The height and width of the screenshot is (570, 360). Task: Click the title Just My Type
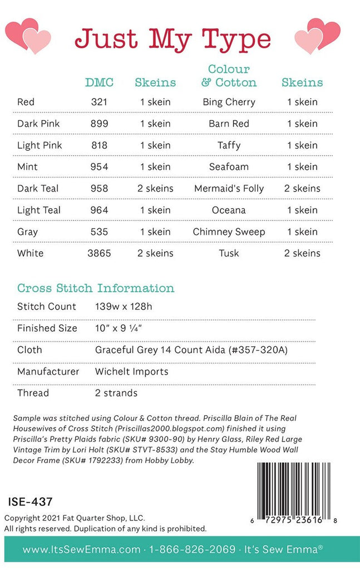tap(172, 39)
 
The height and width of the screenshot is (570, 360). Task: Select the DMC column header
tap(99, 82)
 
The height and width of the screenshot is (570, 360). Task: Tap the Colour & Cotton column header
tap(229, 76)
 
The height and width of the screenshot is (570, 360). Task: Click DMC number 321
tap(99, 102)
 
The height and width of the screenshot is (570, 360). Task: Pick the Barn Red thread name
tap(229, 124)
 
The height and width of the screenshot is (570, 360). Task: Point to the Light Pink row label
tap(40, 145)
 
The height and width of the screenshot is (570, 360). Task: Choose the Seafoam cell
tap(229, 166)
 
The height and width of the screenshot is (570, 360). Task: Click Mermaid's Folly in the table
tap(229, 188)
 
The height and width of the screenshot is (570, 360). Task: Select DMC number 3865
tap(99, 253)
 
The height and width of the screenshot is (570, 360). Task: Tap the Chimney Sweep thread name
tap(229, 232)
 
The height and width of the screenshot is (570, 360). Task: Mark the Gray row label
tap(28, 232)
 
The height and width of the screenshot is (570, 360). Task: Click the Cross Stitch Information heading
tap(96, 288)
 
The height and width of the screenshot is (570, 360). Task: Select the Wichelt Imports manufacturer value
tap(131, 371)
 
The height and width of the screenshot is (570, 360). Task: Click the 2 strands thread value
tap(116, 393)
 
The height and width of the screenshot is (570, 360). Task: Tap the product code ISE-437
tap(31, 502)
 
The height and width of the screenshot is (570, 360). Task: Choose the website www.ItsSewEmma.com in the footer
tap(81, 550)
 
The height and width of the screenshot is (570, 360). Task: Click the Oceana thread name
tap(229, 210)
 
